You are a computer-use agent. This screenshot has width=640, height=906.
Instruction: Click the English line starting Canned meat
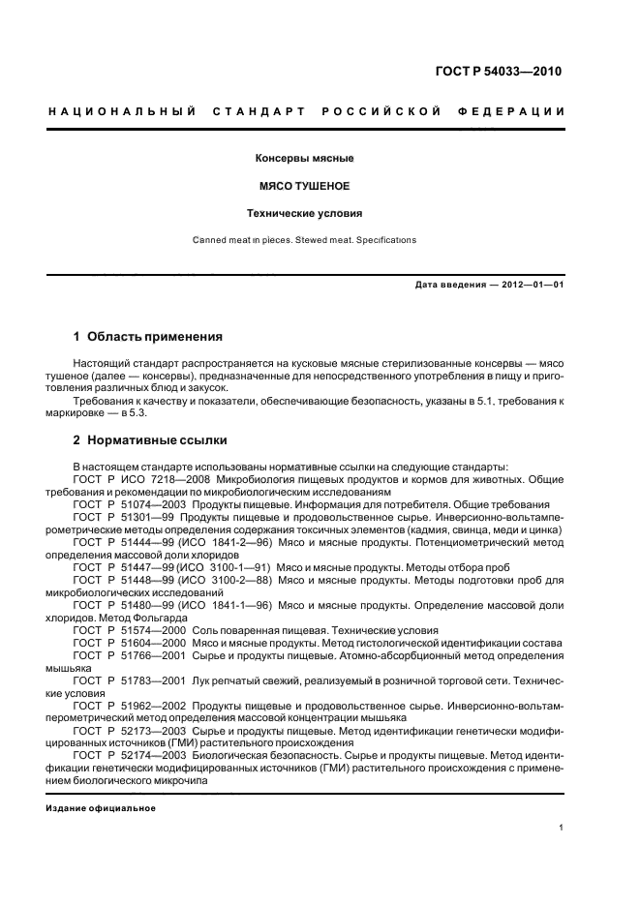tap(304, 240)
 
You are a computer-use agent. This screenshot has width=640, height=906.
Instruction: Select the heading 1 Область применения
tap(148, 337)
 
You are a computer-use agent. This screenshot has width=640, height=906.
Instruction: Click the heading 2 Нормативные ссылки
tap(150, 440)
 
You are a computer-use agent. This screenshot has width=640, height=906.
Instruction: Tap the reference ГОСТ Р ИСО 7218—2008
tap(142, 478)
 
